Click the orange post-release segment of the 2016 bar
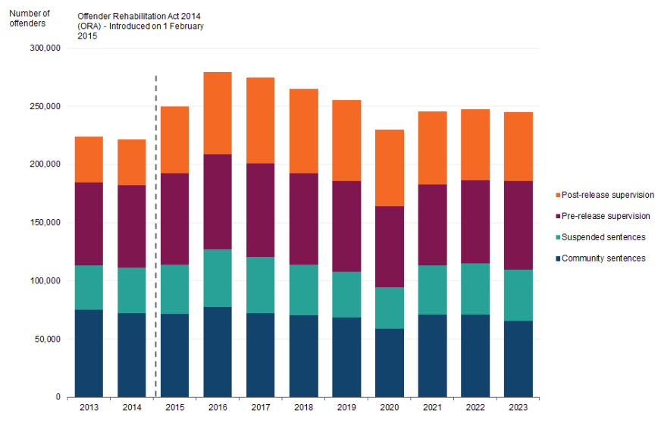pyautogui.click(x=217, y=113)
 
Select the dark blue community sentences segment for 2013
pyautogui.click(x=89, y=353)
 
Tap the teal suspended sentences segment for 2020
pyautogui.click(x=390, y=308)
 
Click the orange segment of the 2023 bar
pyautogui.click(x=518, y=146)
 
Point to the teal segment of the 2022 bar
pyautogui.click(x=475, y=289)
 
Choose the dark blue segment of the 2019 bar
pyautogui.click(x=346, y=357)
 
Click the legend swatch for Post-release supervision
pyautogui.click(x=559, y=196)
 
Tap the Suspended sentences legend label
pyautogui.click(x=605, y=237)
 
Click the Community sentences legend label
pyautogui.click(x=605, y=258)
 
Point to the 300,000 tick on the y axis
pyautogui.click(x=43, y=48)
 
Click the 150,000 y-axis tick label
pyautogui.click(x=43, y=223)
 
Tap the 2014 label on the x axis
pyautogui.click(x=132, y=408)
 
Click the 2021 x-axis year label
pyautogui.click(x=432, y=408)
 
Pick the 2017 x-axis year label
pyautogui.click(x=261, y=408)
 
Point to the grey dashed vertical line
pyautogui.click(x=156, y=227)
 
